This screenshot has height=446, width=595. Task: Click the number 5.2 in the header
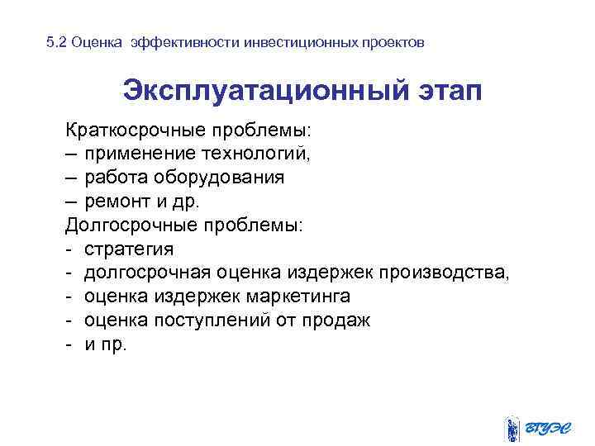(x=56, y=42)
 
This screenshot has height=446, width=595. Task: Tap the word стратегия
(x=129, y=249)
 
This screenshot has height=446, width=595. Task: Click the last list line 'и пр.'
(x=106, y=344)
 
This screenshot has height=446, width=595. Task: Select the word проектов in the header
(x=395, y=42)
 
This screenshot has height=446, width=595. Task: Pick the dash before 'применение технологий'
(x=72, y=154)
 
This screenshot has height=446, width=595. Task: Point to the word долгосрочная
(x=148, y=273)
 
